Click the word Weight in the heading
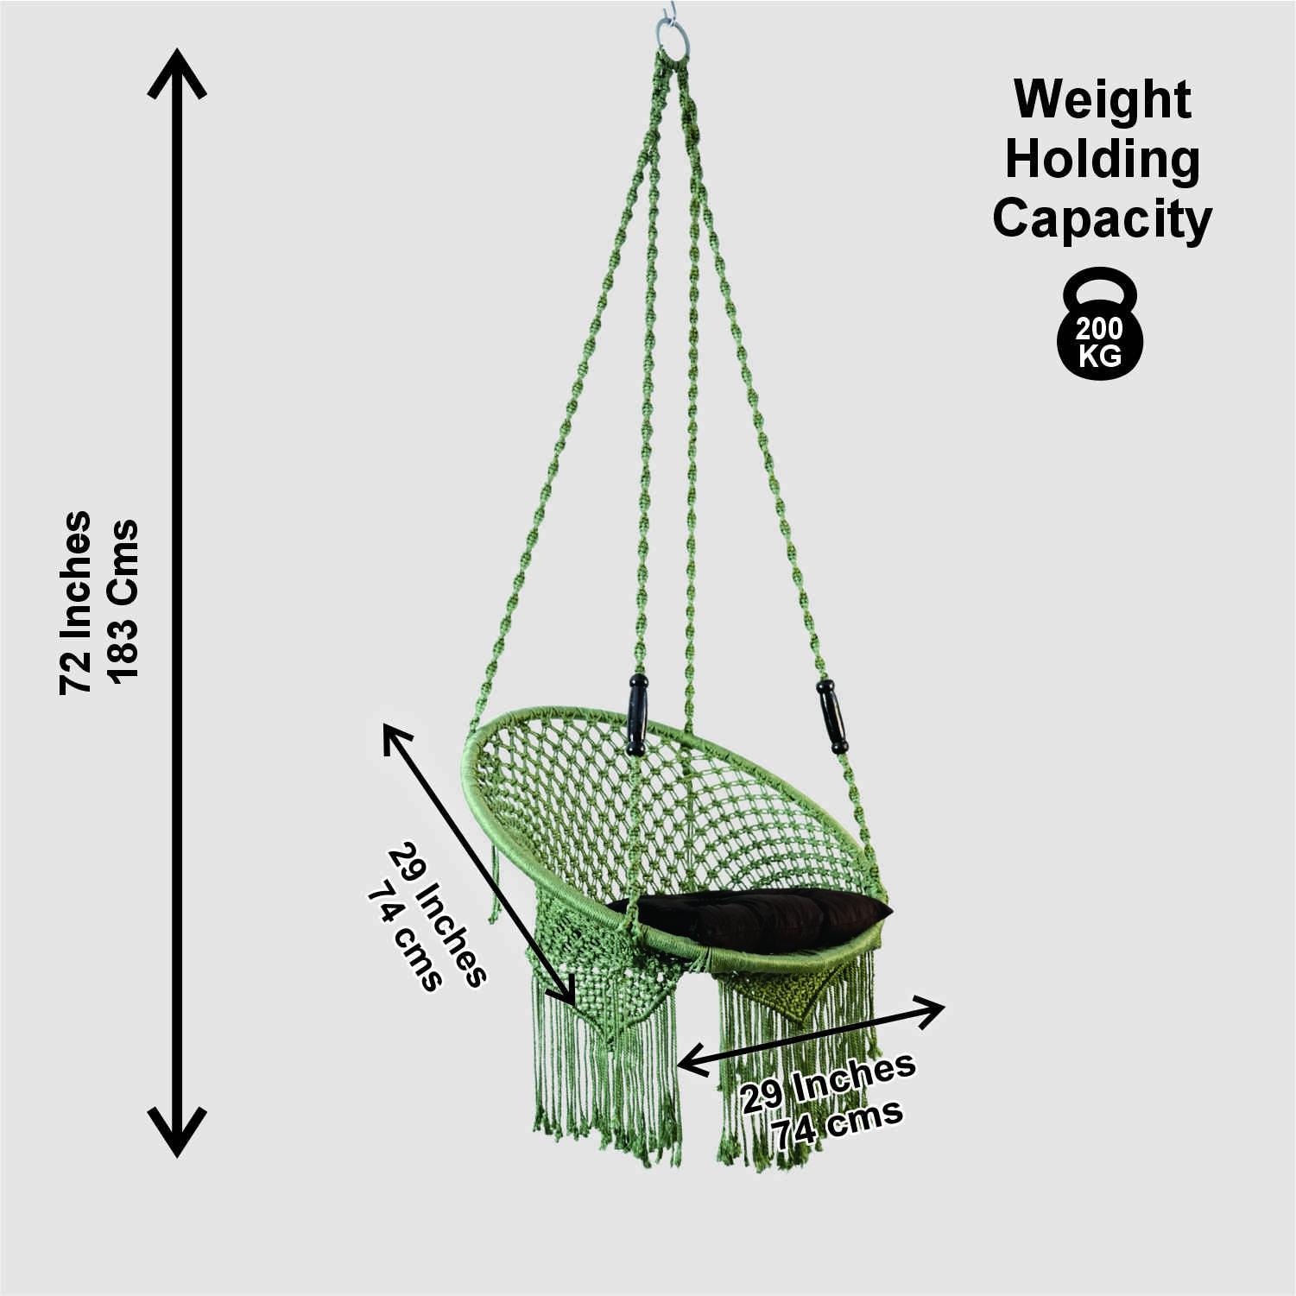point(1102,99)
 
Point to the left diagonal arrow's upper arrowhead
point(394,735)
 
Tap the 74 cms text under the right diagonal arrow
point(838,1123)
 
